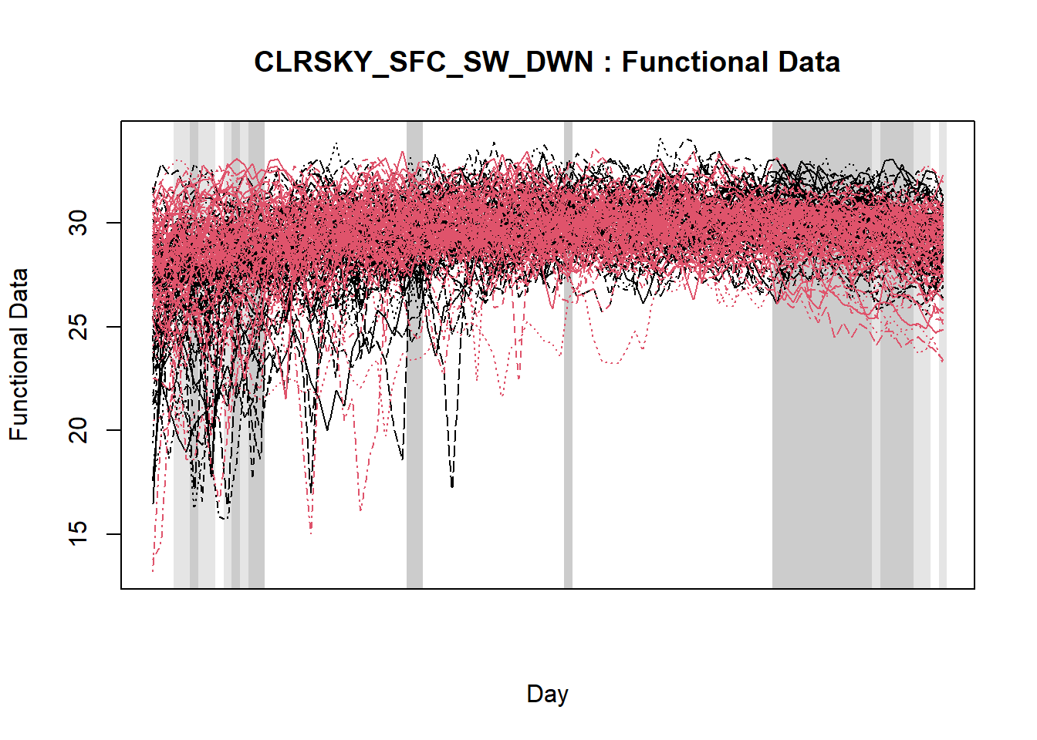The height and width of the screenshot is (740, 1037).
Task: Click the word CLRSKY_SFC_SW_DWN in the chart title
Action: click(x=424, y=62)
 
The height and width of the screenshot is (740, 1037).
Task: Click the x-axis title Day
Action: click(x=547, y=694)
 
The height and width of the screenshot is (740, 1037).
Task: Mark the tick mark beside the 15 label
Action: click(x=113, y=534)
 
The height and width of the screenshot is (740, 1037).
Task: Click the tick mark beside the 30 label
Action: click(x=113, y=224)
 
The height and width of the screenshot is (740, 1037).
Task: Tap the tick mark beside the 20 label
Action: click(x=113, y=431)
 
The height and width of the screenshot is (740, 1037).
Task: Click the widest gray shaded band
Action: click(x=822, y=462)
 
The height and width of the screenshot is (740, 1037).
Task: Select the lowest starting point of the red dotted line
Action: click(x=153, y=571)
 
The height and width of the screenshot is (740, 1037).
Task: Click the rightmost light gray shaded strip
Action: click(x=943, y=462)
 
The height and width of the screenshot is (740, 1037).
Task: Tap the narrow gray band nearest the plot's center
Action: click(x=568, y=462)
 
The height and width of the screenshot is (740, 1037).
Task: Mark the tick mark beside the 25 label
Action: click(x=113, y=328)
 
